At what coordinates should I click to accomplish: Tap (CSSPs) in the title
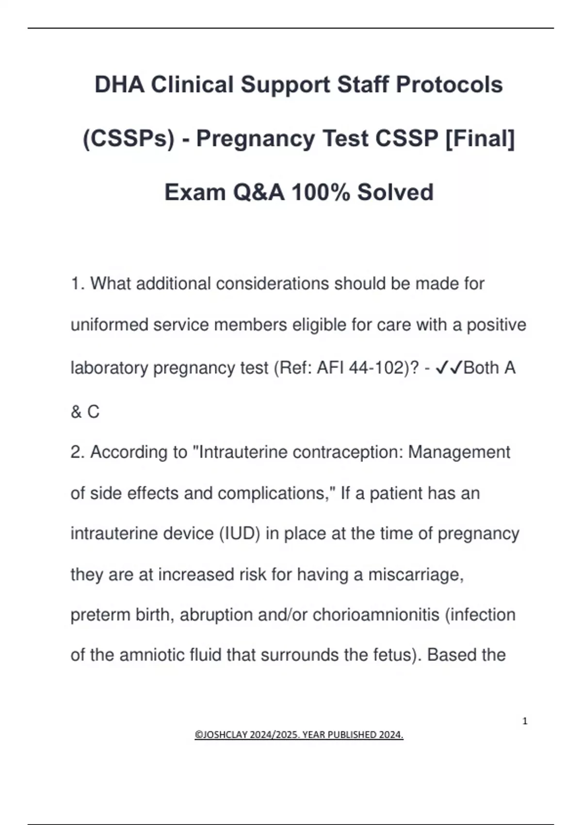pyautogui.click(x=128, y=139)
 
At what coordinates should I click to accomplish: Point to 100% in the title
pyautogui.click(x=320, y=193)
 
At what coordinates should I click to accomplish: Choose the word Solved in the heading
pyautogui.click(x=395, y=193)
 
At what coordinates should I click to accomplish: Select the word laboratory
pyautogui.click(x=109, y=368)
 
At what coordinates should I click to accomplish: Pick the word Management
pyautogui.click(x=459, y=452)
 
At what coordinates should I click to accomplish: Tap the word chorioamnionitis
pyautogui.click(x=375, y=615)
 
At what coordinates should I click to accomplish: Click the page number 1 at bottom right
pyautogui.click(x=525, y=721)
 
